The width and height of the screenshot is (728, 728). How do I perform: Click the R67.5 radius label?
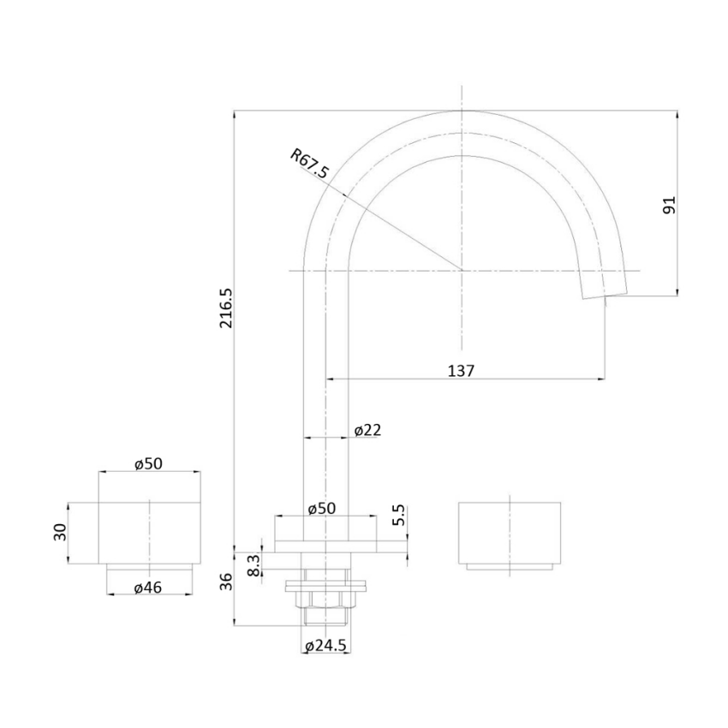pos(309,164)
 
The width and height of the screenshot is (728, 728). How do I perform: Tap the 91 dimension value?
pos(670,205)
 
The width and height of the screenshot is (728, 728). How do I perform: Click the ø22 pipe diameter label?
pos(367,430)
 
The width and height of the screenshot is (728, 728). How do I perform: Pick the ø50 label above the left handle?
pos(149,463)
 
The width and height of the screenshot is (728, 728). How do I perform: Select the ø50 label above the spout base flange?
pos(321,508)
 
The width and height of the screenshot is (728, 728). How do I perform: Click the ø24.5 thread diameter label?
pos(325,647)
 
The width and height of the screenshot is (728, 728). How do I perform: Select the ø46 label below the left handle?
pos(149,587)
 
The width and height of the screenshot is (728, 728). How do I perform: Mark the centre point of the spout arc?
pos(462,271)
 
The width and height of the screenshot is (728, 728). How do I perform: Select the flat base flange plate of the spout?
pos(325,546)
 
